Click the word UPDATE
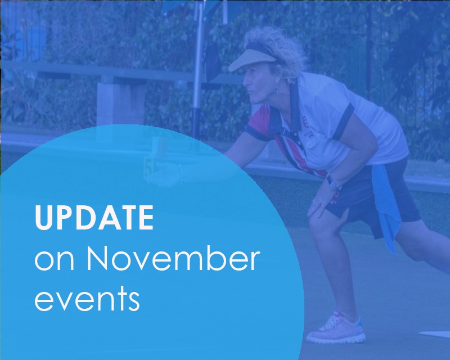[94, 217]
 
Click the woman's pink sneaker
[335, 327]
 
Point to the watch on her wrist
[334, 183]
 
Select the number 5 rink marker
[148, 169]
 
